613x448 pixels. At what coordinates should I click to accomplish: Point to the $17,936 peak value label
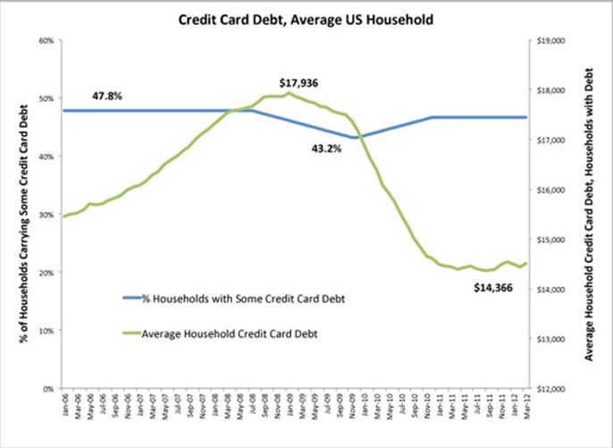click(x=298, y=83)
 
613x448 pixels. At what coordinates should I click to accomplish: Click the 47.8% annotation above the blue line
click(x=108, y=95)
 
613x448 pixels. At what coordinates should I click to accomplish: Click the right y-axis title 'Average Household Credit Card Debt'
click(x=591, y=215)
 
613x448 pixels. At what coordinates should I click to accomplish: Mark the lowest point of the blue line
click(x=356, y=138)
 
